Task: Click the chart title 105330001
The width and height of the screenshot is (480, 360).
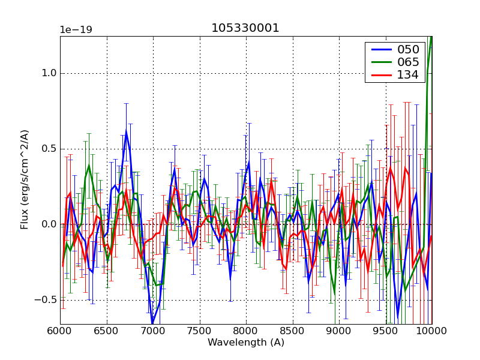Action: pos(245,28)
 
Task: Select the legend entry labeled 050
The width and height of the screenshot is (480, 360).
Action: pos(407,49)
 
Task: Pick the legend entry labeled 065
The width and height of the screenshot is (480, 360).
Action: pos(407,62)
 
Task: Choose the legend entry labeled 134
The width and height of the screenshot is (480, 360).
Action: pos(407,74)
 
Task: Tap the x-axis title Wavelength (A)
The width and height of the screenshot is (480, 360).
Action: pos(246,343)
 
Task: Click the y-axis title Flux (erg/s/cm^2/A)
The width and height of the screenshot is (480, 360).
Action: pos(25,179)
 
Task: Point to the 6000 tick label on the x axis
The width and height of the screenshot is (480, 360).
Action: pos(60,331)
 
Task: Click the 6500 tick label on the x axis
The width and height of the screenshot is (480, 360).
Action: pos(107,331)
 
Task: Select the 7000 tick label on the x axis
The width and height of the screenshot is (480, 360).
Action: pos(153,331)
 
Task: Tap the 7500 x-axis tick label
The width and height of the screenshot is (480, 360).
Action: pos(200,331)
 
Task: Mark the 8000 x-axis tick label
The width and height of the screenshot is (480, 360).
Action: pos(246,331)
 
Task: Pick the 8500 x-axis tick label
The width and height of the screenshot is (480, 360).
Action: pos(293,331)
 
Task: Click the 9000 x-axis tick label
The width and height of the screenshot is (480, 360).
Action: pos(339,331)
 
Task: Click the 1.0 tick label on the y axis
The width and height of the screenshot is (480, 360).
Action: pos(47,73)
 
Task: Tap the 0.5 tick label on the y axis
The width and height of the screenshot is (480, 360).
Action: pos(47,149)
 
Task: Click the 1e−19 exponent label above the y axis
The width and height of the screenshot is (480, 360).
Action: pos(76,29)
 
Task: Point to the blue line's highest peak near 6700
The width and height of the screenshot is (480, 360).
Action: pos(126,130)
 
